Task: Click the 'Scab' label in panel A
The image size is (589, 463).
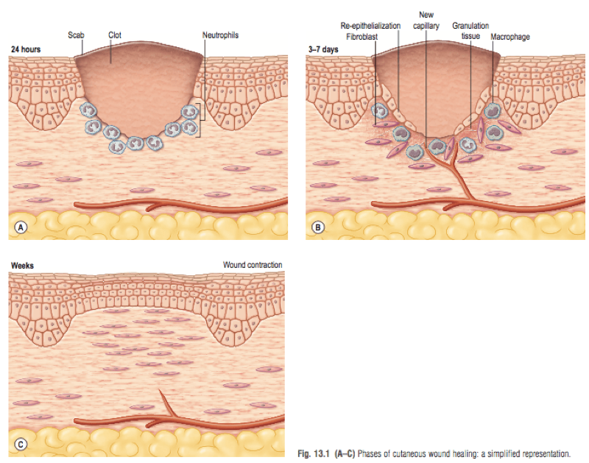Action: pyautogui.click(x=77, y=35)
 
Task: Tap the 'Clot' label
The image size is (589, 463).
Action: pyautogui.click(x=115, y=35)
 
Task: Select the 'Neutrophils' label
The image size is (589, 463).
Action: pyautogui.click(x=220, y=35)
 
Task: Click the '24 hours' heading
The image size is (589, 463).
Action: pyautogui.click(x=26, y=48)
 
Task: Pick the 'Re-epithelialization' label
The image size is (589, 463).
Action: pyautogui.click(x=370, y=25)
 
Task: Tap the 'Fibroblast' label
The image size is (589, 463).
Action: pyautogui.click(x=361, y=35)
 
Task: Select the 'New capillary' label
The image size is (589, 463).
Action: pyautogui.click(x=426, y=20)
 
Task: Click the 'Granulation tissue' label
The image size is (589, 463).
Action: pyautogui.click(x=470, y=30)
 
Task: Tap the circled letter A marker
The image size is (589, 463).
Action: pyautogui.click(x=22, y=227)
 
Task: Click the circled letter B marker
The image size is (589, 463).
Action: pyautogui.click(x=319, y=227)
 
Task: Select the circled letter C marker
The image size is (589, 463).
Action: pyautogui.click(x=22, y=444)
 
